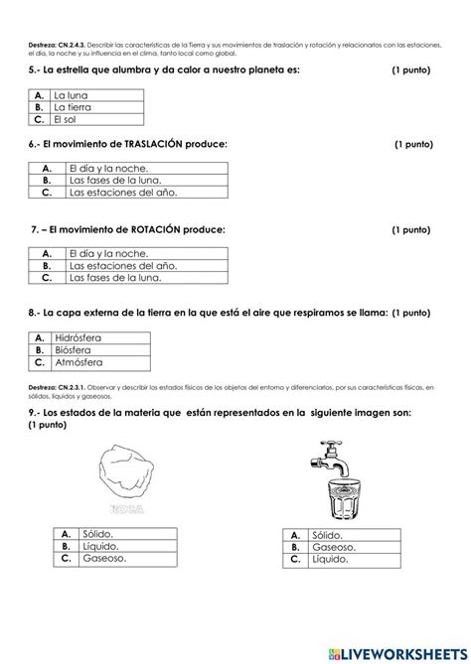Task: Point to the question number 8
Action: (x=35, y=313)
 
